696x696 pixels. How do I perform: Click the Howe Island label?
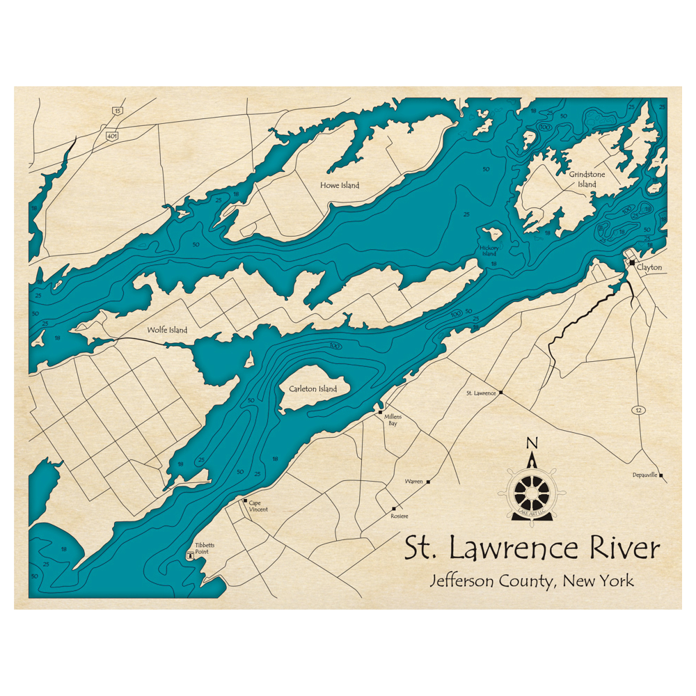[x=340, y=185]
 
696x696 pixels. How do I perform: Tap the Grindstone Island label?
[x=583, y=180]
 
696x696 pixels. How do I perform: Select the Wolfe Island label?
[x=167, y=330]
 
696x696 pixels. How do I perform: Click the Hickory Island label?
[x=489, y=251]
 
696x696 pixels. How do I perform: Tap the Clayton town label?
[x=649, y=267]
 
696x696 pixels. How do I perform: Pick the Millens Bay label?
[x=393, y=420]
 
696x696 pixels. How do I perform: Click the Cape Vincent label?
[x=258, y=506]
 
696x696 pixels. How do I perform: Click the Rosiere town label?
[x=400, y=516]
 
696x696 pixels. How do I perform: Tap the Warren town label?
[x=414, y=482]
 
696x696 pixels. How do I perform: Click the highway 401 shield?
[x=112, y=135]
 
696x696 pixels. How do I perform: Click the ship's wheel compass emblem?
[x=532, y=491]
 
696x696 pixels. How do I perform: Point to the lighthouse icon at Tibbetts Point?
[x=189, y=556]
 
